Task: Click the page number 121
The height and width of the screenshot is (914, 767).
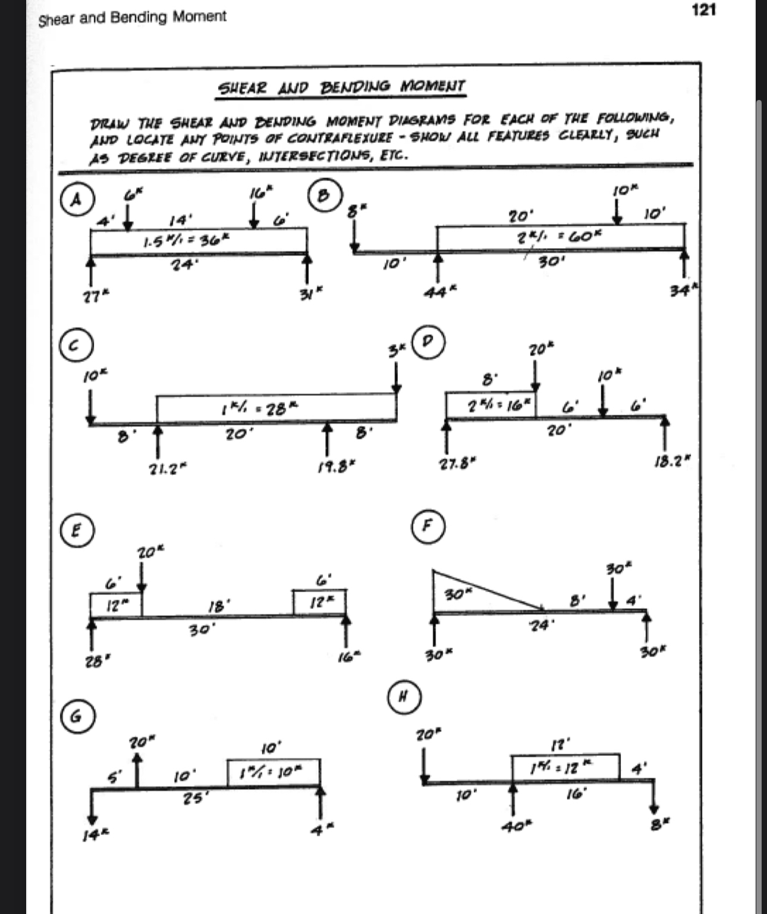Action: [704, 10]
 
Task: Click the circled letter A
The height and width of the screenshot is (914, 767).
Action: [76, 199]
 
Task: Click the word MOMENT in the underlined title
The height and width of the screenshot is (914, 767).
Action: [433, 87]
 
